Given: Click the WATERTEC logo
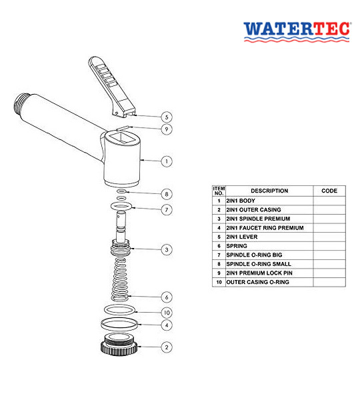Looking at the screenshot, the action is (x=297, y=31).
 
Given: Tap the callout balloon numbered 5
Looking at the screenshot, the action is (x=167, y=117).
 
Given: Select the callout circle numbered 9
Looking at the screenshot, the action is (x=167, y=129).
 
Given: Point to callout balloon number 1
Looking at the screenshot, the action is (x=167, y=161).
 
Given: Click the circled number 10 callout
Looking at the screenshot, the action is (x=167, y=313).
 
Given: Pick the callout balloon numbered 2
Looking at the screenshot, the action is (x=167, y=347).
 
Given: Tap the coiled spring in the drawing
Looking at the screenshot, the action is (x=119, y=279).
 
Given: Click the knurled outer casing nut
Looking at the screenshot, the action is (x=119, y=345).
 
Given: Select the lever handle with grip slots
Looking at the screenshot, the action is (x=111, y=87).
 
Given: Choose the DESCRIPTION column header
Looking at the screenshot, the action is (x=269, y=191).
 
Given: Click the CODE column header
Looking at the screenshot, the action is (x=329, y=191).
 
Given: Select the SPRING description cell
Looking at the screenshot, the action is (x=269, y=246).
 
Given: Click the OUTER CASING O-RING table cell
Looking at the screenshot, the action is (x=269, y=282).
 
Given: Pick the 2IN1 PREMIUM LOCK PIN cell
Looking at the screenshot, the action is (x=269, y=273).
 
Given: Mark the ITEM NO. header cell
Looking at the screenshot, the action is (x=219, y=191).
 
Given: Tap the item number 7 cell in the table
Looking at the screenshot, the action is (x=219, y=255).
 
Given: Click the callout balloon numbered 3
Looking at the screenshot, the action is (x=167, y=249).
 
